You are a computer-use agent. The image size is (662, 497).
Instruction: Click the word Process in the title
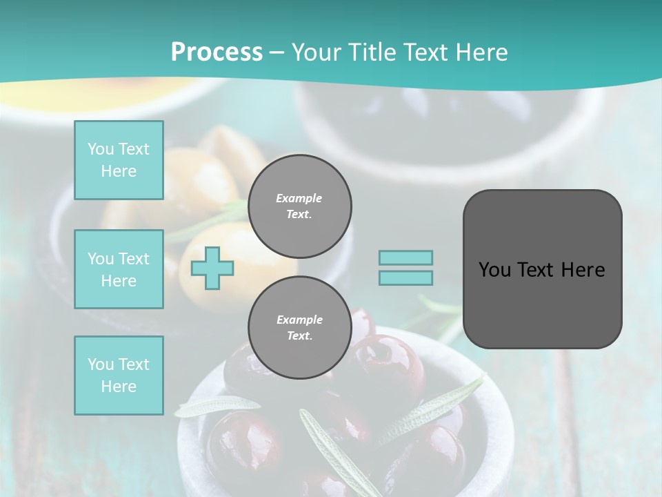[217, 52]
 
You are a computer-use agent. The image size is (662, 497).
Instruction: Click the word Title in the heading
[372, 52]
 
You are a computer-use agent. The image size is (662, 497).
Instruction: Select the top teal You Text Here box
[119, 160]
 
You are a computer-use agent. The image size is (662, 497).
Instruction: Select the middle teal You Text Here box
[119, 269]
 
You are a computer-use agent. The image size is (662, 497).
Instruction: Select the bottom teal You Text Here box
[119, 376]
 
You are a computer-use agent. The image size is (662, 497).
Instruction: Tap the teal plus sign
[212, 269]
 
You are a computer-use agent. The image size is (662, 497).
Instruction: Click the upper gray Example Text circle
[299, 206]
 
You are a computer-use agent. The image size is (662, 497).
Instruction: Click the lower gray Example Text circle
[299, 328]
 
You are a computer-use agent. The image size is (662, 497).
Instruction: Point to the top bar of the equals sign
[405, 257]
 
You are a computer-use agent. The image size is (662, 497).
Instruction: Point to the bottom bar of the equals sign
[405, 277]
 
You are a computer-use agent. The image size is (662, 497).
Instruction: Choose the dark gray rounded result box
[542, 269]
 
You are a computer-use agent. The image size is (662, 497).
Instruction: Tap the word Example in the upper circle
[299, 198]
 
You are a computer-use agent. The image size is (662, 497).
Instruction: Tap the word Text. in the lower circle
[299, 336]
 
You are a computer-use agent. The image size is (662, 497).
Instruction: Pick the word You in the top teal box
[101, 149]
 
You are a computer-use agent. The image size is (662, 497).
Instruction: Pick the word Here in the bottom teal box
[119, 387]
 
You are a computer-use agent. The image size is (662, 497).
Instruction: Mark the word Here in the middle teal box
[119, 281]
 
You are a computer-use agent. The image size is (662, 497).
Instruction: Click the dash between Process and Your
[277, 52]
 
